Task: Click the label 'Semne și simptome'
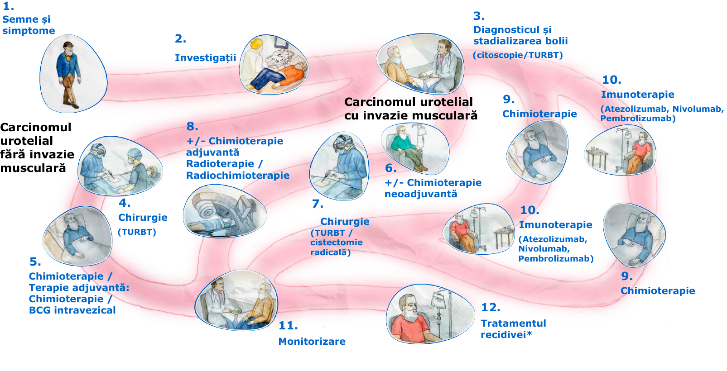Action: pyautogui.click(x=28, y=25)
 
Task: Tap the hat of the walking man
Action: pyautogui.click(x=68, y=45)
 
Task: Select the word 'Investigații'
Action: pyautogui.click(x=206, y=57)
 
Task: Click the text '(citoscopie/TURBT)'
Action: pyautogui.click(x=518, y=55)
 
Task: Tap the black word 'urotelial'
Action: pyautogui.click(x=446, y=102)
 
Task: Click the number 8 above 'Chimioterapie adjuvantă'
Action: pyautogui.click(x=192, y=127)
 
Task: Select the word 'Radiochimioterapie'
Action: pyautogui.click(x=237, y=176)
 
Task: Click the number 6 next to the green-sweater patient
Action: pyautogui.click(x=390, y=168)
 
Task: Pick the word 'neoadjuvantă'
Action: pyautogui.click(x=421, y=194)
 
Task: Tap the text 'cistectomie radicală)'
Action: pyautogui.click(x=336, y=247)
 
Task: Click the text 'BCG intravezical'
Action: pyautogui.click(x=72, y=310)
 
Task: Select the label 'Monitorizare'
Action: pyautogui.click(x=312, y=341)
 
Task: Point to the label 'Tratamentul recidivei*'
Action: pyautogui.click(x=513, y=329)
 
